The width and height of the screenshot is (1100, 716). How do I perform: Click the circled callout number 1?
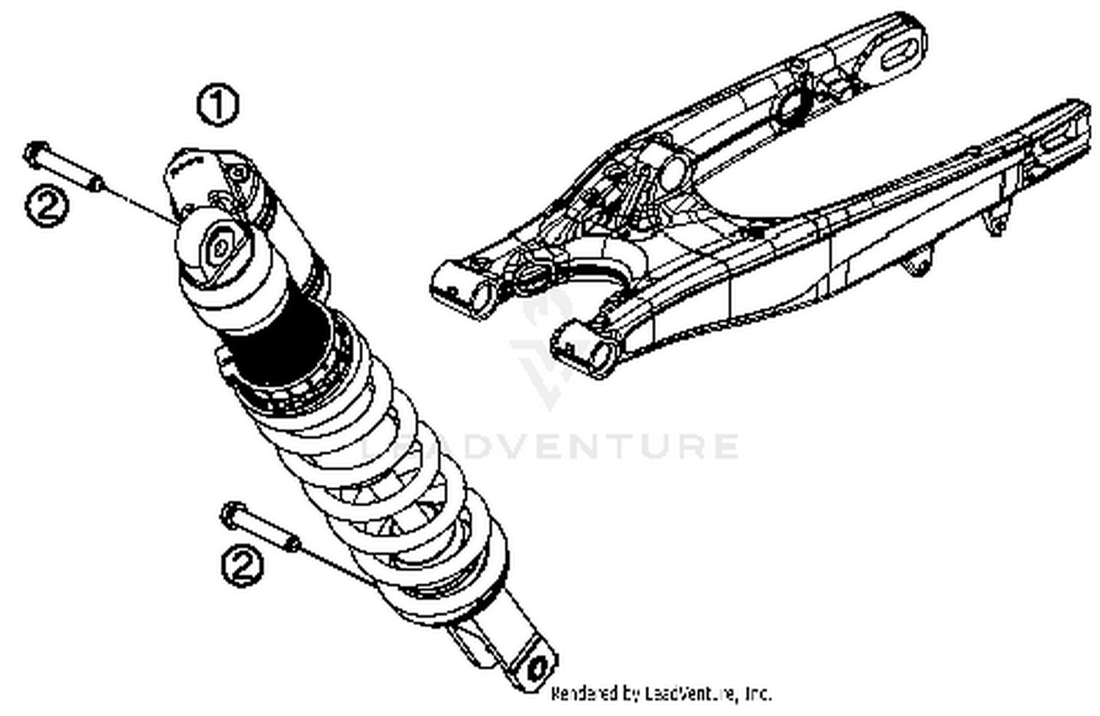(218, 106)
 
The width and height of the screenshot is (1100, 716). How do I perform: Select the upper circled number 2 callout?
(48, 205)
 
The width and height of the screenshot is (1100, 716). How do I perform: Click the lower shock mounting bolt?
(260, 527)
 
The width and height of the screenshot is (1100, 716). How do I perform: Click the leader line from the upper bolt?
(139, 202)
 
